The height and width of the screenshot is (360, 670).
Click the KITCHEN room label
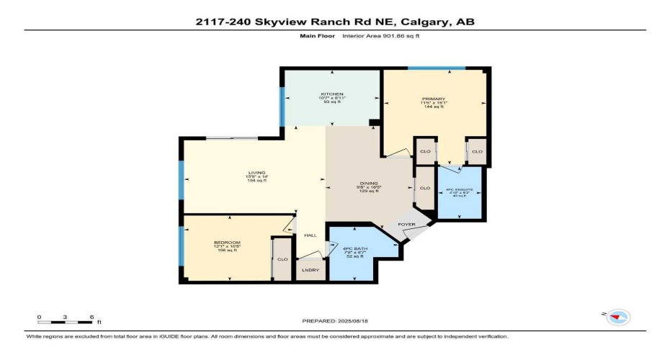click(x=331, y=94)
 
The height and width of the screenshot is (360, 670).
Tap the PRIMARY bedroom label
click(x=434, y=99)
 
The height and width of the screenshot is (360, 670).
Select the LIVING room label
click(x=257, y=173)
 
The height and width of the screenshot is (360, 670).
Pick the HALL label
click(x=310, y=235)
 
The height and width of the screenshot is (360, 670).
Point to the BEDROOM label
click(x=227, y=243)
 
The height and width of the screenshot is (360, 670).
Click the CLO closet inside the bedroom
click(x=282, y=259)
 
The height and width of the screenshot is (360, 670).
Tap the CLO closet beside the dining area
click(x=424, y=188)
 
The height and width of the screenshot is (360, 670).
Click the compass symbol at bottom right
click(x=618, y=317)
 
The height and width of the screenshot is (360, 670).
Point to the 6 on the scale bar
click(x=91, y=317)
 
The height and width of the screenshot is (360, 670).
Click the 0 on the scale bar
click(x=40, y=317)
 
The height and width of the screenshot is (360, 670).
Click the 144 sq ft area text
click(x=434, y=107)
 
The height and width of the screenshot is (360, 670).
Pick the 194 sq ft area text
click(x=257, y=181)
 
